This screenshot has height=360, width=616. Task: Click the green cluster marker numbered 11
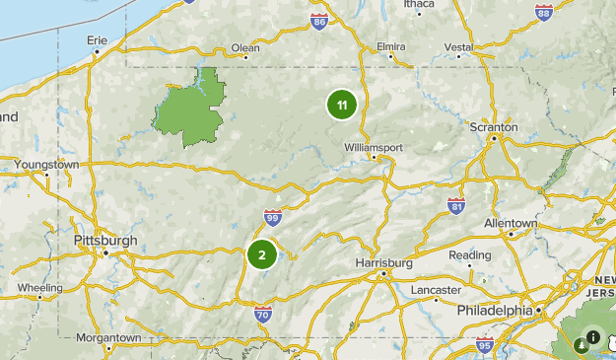[x=341, y=105]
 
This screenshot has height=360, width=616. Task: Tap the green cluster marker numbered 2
[x=261, y=255]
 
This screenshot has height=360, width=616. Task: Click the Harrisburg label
[x=383, y=263]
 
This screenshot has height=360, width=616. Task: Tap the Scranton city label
[x=495, y=128]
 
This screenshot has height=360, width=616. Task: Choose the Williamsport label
[x=373, y=146]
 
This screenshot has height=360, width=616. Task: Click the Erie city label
[x=97, y=40]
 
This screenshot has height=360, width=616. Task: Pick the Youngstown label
[x=46, y=165]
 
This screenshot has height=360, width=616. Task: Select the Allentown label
[x=511, y=224]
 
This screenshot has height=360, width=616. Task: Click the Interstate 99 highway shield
[x=273, y=217]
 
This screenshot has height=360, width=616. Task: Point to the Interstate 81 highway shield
[x=455, y=205]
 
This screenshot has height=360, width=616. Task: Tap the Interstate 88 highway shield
[x=544, y=11]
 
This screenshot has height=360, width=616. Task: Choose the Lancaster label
[x=437, y=290]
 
